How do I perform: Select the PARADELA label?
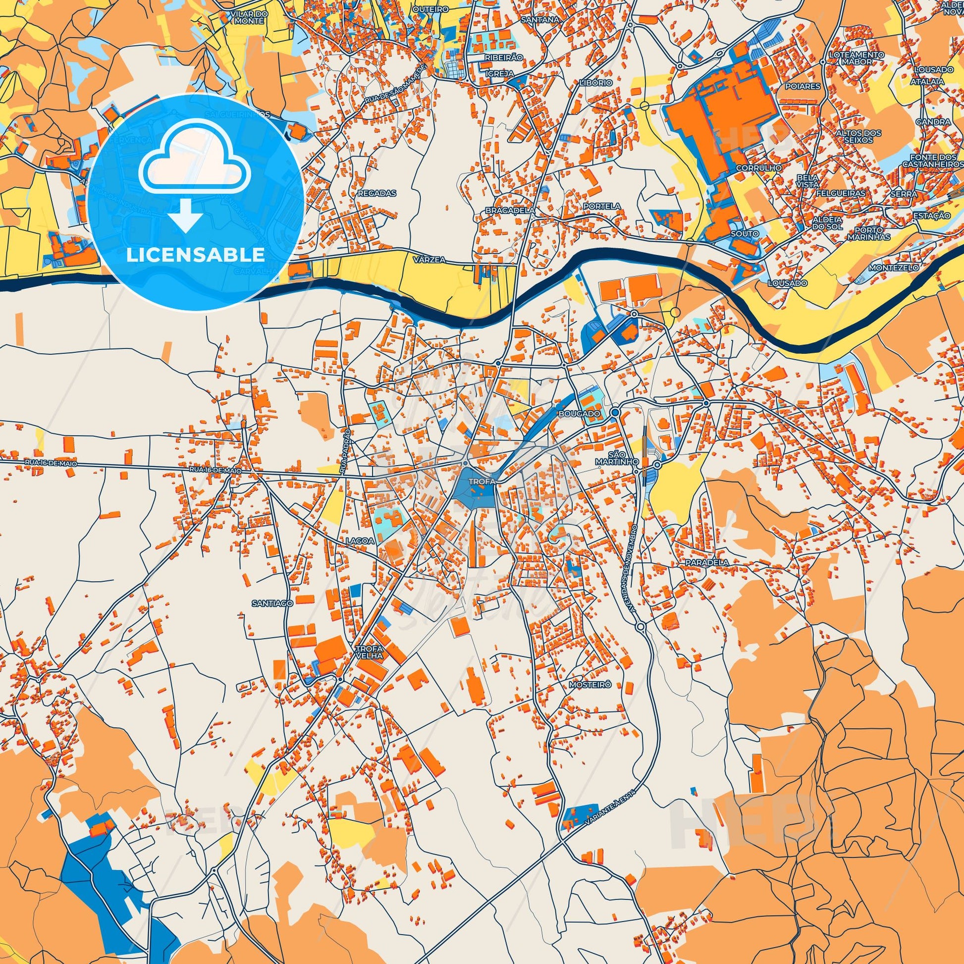click(706, 562)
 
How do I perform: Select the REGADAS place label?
click(370, 193)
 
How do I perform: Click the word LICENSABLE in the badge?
click(195, 255)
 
